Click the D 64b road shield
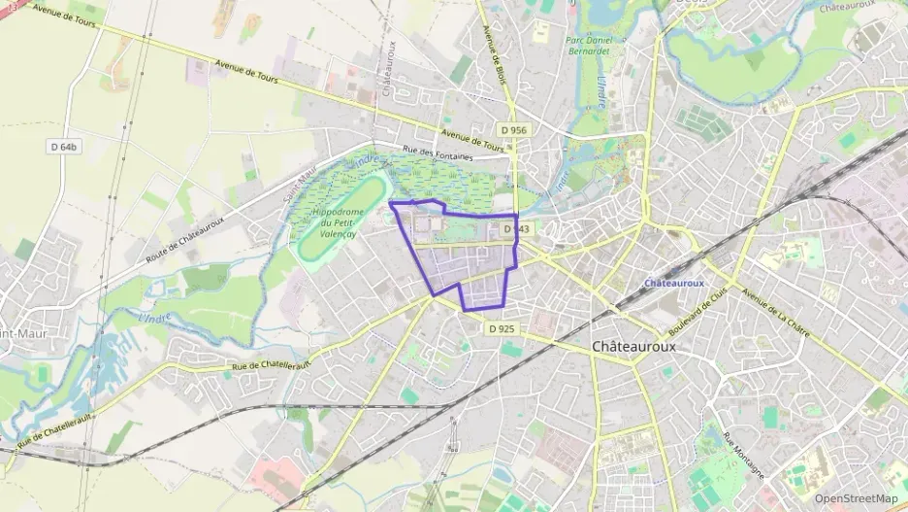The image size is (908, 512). pos(63,147)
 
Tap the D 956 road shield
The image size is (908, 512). pos(514,129)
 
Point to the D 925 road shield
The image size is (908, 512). pos(502,329)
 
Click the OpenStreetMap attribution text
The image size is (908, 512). pos(857,498)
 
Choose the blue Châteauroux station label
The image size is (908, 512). pos(674,283)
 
